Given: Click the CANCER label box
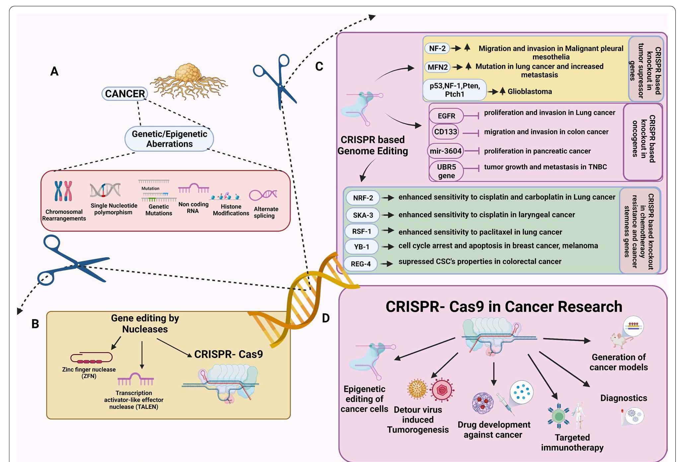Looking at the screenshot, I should tap(124, 94).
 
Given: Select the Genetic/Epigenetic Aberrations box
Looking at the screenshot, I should tap(169, 139).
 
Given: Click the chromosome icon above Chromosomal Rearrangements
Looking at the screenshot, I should tap(63, 191).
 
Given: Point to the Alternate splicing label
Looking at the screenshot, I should tap(265, 212).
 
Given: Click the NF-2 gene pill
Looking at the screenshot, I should tap(437, 48).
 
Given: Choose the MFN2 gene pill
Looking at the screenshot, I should tap(437, 67).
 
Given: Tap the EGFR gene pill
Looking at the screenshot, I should tap(446, 116).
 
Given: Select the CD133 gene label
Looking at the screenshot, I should tap(445, 132).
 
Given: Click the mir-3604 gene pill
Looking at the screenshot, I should tap(445, 151).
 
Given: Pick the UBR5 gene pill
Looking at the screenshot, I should tap(446, 171).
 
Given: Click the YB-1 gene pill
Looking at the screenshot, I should tap(361, 247).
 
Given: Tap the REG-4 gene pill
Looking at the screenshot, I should tap(361, 264).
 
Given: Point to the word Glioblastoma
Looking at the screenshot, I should tap(530, 92).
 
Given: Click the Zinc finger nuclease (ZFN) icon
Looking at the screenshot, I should tap(91, 358).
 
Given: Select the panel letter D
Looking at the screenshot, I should tap(326, 318).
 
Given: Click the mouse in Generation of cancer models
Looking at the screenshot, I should tap(620, 341).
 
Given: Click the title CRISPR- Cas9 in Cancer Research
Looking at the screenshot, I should tap(503, 306).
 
